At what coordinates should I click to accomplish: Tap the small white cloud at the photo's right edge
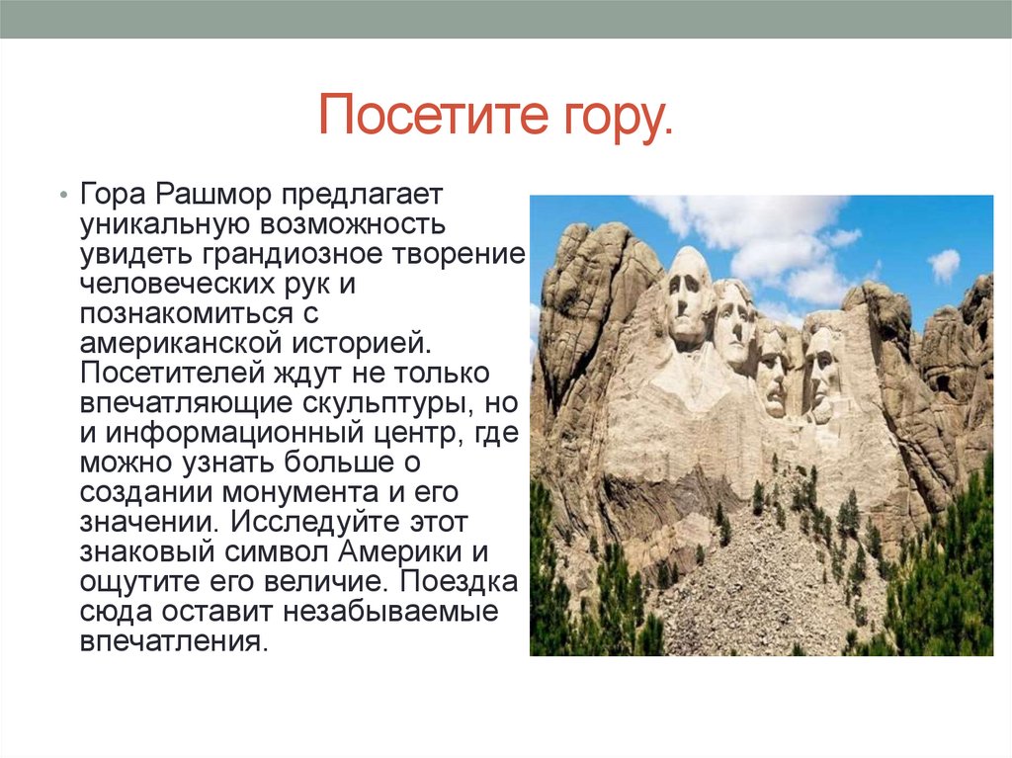click(x=944, y=264)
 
